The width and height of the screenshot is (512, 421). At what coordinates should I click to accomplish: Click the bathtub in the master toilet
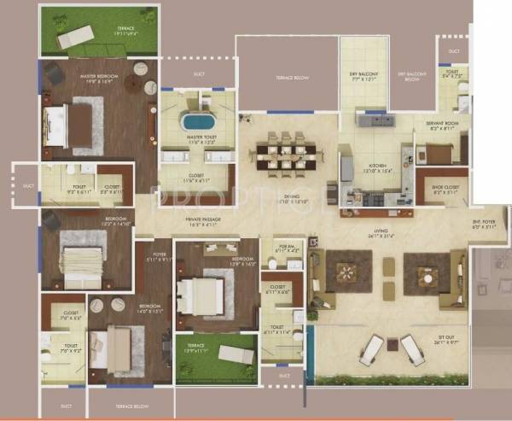197,120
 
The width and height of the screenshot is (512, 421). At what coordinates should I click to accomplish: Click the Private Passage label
204,221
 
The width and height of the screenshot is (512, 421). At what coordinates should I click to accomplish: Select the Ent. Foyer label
484,224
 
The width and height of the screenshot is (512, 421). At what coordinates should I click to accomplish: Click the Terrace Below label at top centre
284,78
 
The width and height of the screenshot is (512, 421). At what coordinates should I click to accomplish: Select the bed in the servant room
438,155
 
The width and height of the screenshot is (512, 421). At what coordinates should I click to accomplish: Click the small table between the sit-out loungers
393,345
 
